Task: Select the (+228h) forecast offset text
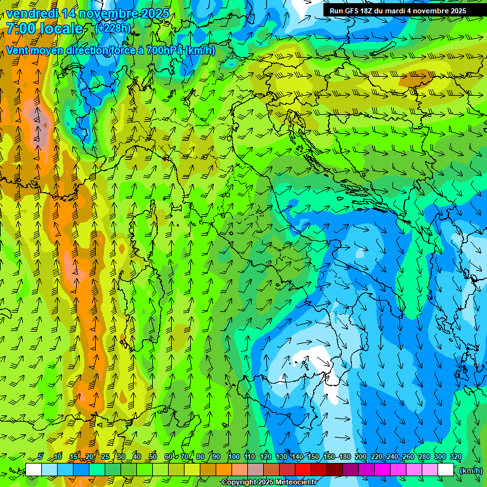point(113,27)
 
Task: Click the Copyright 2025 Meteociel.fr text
point(269,483)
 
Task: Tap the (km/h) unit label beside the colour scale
point(470,471)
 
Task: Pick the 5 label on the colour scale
point(40,457)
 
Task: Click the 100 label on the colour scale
point(234,457)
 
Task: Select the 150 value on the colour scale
point(313,457)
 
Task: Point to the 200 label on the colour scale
point(361,457)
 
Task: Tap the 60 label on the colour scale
point(169,457)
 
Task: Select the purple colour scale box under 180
point(351,470)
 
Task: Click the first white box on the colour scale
point(34,470)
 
